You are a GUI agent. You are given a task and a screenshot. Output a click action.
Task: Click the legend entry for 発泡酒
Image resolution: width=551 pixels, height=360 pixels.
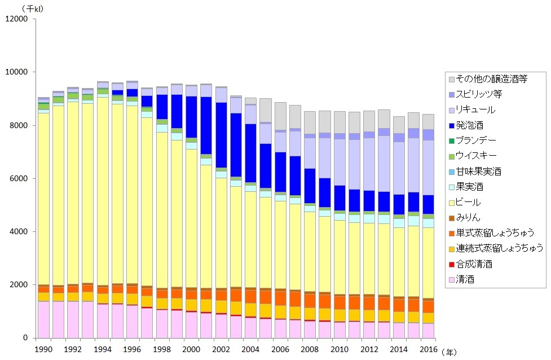pos(469,125)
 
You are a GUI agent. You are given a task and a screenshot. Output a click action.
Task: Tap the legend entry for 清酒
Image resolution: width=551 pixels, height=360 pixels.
pos(466,279)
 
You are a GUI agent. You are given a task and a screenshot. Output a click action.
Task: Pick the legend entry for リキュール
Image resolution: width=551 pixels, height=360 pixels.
pos(475,109)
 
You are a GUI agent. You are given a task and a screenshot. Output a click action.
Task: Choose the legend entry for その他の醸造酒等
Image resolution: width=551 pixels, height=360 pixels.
pos(491,78)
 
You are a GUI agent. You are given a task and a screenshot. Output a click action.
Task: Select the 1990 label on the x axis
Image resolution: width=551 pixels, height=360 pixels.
pos(43,349)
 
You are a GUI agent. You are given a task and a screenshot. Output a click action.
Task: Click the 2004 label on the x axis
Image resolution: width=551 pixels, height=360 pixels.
pos(250,349)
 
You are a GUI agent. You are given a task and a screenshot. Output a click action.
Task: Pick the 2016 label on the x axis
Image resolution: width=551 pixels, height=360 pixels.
pos(428,349)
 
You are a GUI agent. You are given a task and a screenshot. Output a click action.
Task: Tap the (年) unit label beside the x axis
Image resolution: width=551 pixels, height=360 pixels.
pos(449,351)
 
